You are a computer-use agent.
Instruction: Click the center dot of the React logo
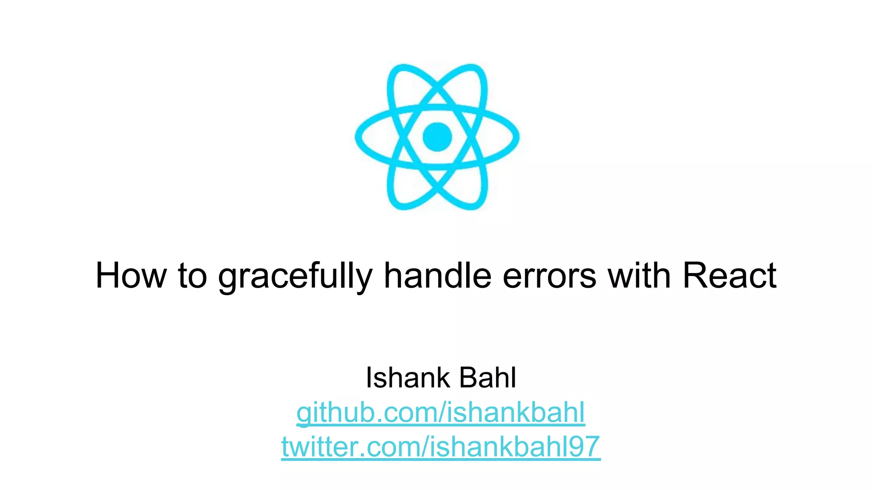(x=437, y=137)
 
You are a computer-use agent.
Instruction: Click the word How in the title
(x=131, y=276)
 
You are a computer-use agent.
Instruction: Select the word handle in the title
(x=438, y=275)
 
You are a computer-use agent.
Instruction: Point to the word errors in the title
(x=550, y=277)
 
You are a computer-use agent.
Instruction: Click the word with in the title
(x=639, y=275)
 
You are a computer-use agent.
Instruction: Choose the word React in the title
(x=730, y=276)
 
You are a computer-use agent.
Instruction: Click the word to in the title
(x=192, y=276)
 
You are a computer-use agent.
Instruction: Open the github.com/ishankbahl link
(x=441, y=413)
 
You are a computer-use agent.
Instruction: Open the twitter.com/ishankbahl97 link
(x=441, y=447)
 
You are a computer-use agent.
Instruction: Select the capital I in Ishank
(x=369, y=377)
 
